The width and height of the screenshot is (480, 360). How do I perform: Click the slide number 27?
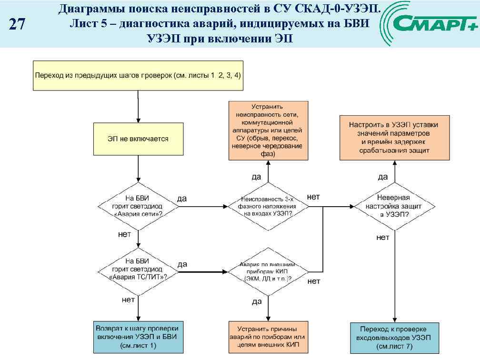click(x=17, y=24)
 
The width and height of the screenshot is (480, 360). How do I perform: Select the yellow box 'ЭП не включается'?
click(x=138, y=139)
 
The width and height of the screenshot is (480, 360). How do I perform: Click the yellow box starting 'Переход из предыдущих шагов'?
click(x=138, y=75)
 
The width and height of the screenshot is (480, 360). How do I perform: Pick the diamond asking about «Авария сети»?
click(x=138, y=206)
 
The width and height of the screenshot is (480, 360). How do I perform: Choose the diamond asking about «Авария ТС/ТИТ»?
click(x=138, y=269)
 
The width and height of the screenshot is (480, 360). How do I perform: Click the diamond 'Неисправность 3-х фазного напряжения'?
click(x=268, y=207)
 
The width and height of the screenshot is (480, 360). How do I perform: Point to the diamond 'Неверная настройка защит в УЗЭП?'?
click(x=394, y=206)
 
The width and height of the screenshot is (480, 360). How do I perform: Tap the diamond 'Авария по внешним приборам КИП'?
click(x=268, y=271)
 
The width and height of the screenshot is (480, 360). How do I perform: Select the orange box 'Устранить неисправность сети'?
click(x=268, y=130)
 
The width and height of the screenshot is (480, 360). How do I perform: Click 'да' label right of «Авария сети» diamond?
click(x=182, y=199)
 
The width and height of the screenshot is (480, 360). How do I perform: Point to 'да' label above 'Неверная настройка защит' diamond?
click(x=383, y=177)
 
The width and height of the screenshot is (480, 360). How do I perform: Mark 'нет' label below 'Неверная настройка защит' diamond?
click(x=383, y=237)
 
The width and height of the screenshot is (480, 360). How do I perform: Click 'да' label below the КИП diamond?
click(x=257, y=301)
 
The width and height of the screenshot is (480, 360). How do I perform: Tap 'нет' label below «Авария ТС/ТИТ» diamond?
click(x=128, y=300)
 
